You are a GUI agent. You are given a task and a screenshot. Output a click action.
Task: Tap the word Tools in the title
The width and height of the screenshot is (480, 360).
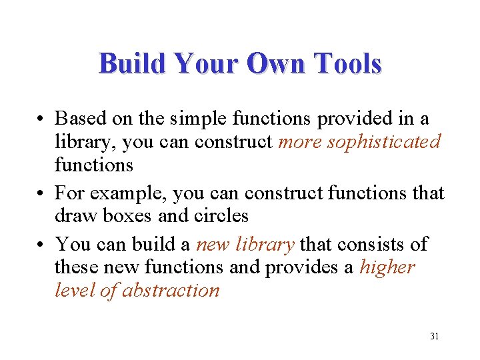(x=348, y=64)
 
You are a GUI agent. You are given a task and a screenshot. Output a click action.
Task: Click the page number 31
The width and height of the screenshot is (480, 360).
(x=434, y=336)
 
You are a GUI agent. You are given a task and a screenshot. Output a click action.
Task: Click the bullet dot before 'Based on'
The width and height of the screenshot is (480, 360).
(x=41, y=119)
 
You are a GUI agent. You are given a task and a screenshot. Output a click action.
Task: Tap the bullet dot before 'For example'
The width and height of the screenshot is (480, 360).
(x=41, y=194)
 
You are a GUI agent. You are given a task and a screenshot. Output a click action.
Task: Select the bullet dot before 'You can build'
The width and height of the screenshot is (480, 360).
(x=41, y=245)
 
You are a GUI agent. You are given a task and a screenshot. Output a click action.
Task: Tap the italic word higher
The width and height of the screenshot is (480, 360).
(x=387, y=267)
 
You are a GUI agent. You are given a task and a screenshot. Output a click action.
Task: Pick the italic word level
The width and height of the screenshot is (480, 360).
(x=71, y=291)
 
